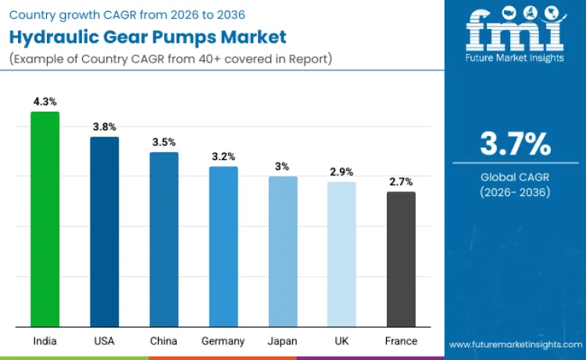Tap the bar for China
[164, 239]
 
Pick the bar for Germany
[223, 246]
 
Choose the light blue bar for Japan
[283, 251]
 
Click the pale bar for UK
[341, 254]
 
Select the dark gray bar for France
[401, 258]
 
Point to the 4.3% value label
[45, 102]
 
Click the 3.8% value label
[104, 127]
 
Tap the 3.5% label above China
[164, 142]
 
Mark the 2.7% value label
[401, 181]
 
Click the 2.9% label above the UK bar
[341, 172]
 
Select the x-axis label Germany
[223, 341]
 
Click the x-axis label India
[45, 341]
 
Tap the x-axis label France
[401, 341]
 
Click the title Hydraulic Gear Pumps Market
[148, 37]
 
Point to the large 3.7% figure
[515, 144]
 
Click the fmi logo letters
[515, 29]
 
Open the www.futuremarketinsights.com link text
[515, 344]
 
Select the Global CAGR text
[515, 177]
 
